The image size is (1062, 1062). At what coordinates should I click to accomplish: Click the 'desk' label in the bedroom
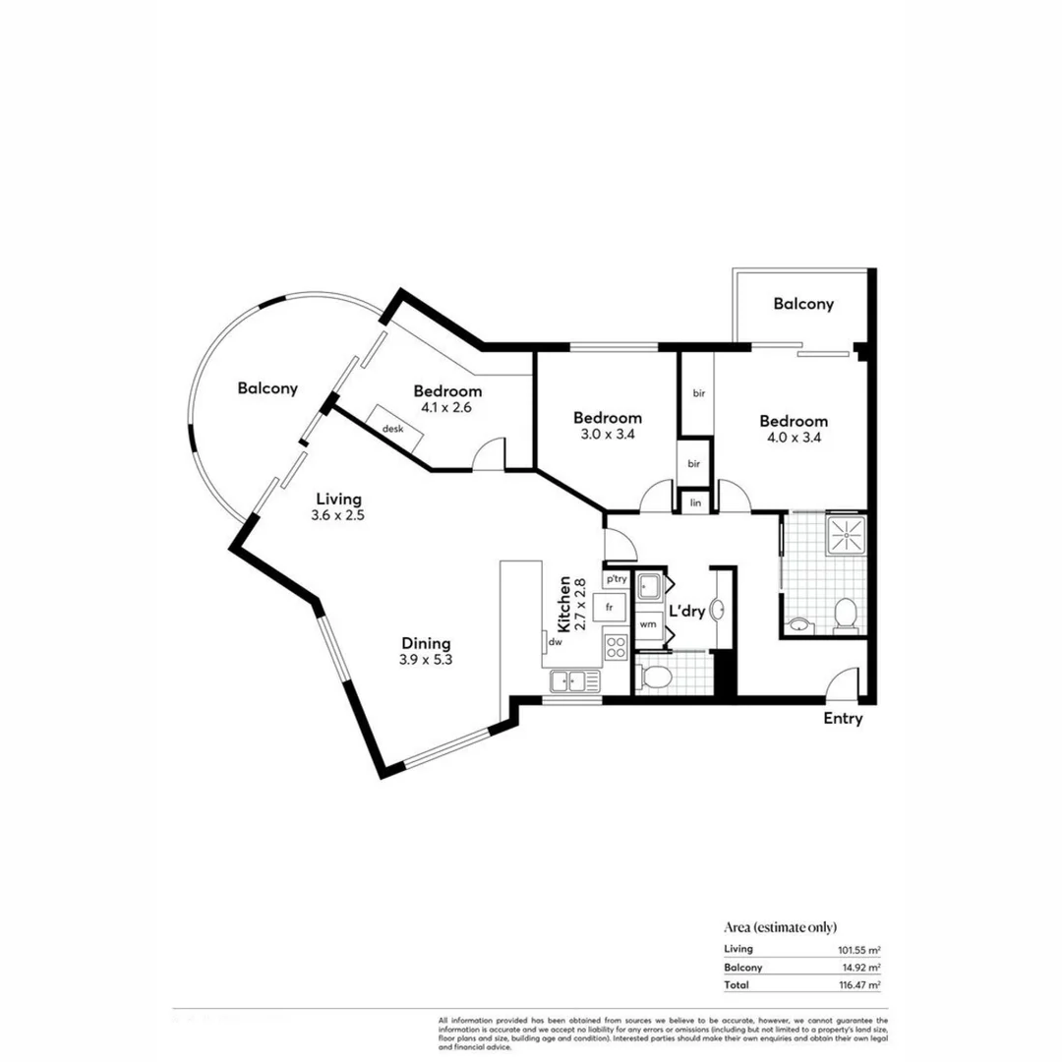(x=393, y=429)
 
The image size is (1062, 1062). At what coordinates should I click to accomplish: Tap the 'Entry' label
(x=843, y=719)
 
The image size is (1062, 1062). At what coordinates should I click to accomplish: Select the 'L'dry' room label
(x=685, y=612)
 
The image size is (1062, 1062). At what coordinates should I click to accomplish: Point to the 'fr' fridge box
(x=611, y=607)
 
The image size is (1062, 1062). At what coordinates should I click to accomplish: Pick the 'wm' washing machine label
(x=648, y=624)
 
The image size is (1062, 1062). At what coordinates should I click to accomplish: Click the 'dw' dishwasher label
(x=555, y=642)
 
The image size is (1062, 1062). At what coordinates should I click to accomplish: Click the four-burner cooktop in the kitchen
(x=616, y=647)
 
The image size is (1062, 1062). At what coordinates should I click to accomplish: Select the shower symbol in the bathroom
(x=843, y=534)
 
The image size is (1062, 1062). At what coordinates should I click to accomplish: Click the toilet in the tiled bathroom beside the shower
(x=845, y=615)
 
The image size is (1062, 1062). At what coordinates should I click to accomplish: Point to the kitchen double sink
(x=575, y=678)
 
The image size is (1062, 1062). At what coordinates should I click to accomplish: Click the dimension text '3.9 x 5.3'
(x=426, y=661)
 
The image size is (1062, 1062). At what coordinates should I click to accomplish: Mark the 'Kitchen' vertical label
(x=564, y=604)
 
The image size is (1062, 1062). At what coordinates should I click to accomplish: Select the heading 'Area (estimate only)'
(x=781, y=926)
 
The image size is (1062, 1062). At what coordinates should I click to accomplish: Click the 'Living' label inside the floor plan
(x=338, y=498)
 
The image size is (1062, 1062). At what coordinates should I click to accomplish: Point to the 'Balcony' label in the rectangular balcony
(x=802, y=304)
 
